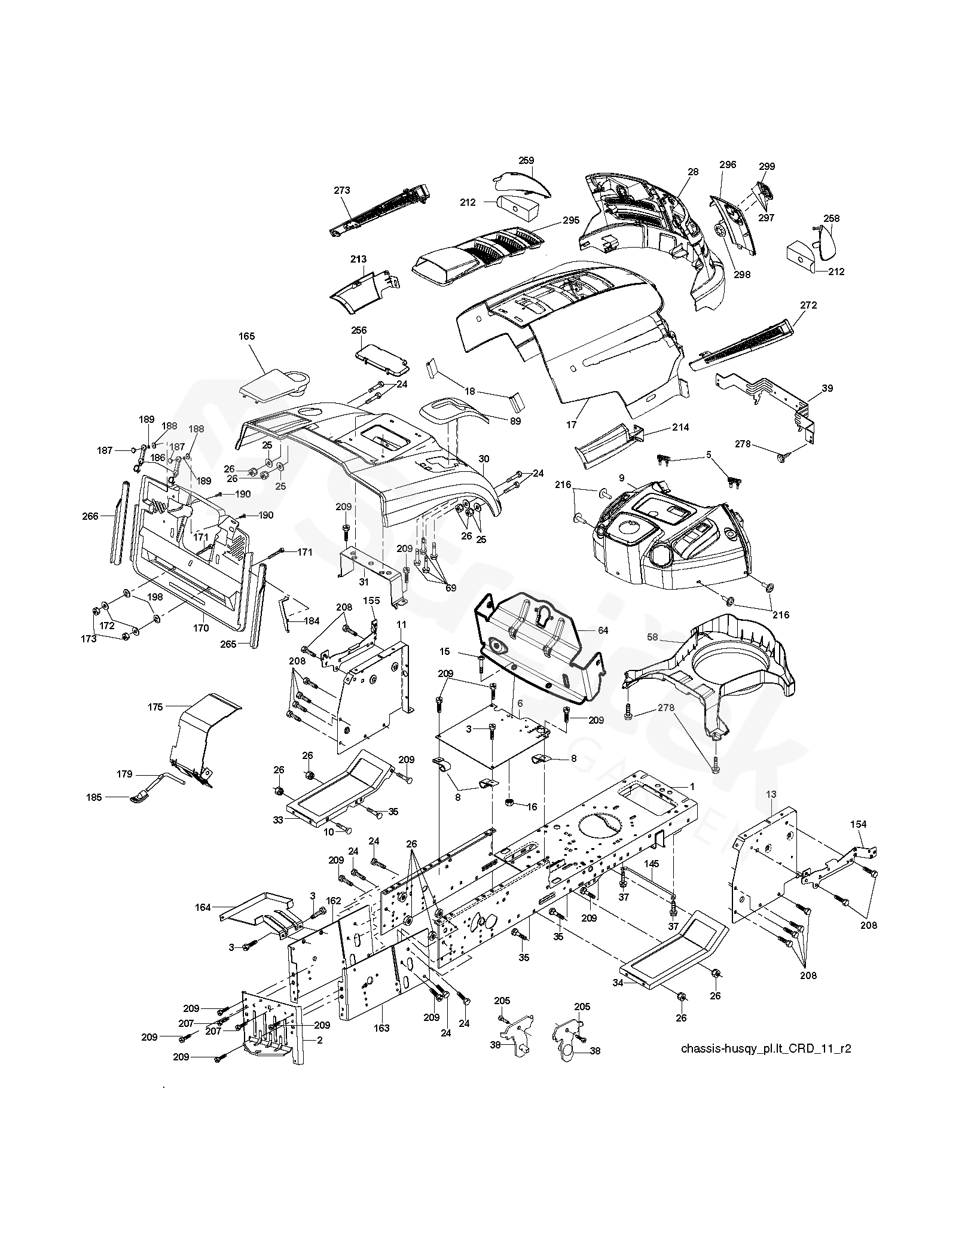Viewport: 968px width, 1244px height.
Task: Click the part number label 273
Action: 342,190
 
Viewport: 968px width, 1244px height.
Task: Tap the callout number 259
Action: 526,160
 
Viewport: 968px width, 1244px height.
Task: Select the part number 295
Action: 571,220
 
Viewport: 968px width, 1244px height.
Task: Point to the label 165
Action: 246,336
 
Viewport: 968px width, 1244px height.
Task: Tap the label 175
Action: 155,706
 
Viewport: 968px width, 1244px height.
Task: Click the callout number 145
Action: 651,864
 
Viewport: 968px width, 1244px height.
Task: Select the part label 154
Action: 858,824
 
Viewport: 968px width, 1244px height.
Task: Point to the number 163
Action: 381,1028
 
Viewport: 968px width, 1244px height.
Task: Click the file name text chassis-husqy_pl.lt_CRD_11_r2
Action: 766,1048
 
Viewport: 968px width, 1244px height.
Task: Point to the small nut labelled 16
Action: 510,801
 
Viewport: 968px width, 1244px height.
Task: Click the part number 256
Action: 359,330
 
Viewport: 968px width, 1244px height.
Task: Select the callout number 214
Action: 680,427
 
